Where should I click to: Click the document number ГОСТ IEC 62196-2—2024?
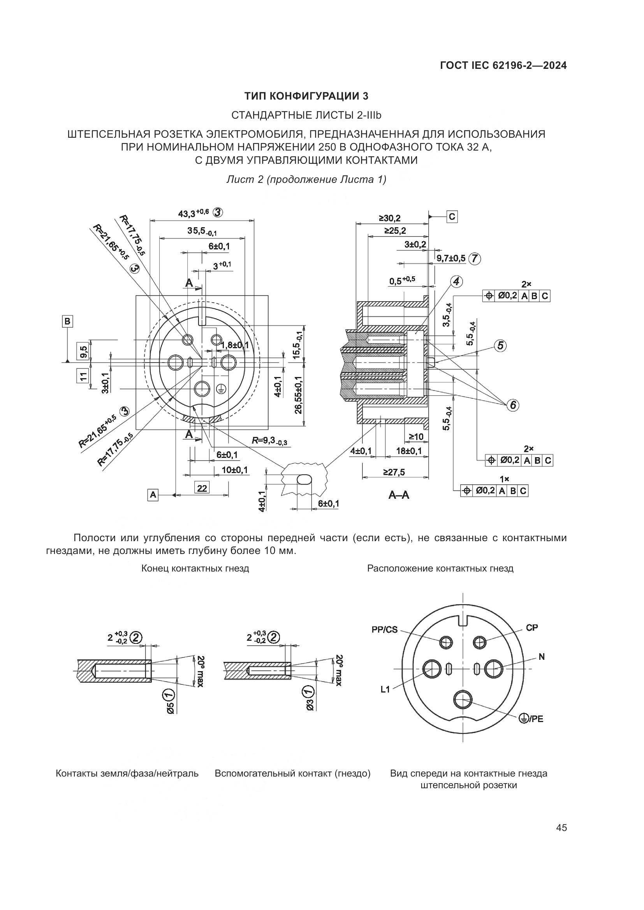(503, 66)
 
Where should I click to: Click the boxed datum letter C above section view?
(452, 217)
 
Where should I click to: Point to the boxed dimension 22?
(202, 488)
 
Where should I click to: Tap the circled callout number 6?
(513, 405)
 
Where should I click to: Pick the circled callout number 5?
(500, 345)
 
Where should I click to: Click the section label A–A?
(399, 495)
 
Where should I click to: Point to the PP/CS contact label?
(385, 630)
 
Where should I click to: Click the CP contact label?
(532, 628)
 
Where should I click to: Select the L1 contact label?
(385, 690)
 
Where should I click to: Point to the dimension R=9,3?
(270, 440)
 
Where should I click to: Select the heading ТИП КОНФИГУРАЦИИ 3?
(306, 96)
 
